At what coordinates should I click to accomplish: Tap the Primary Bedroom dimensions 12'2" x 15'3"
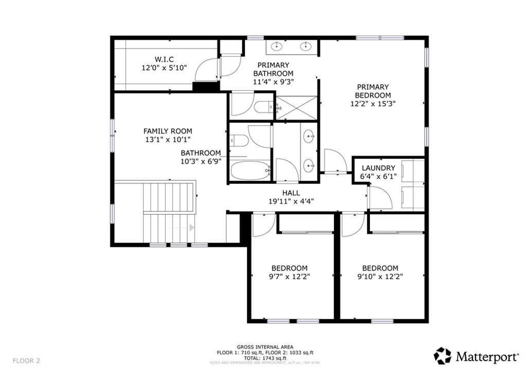coord(373,103)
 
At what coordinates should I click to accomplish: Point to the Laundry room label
coord(378,168)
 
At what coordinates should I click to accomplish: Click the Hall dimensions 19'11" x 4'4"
coord(291,201)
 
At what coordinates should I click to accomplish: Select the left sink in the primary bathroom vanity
coord(277,47)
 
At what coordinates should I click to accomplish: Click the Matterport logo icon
coord(443,355)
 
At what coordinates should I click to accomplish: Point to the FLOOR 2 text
coord(26,360)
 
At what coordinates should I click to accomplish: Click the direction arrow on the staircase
coord(191,227)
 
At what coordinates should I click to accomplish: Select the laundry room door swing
coord(379,198)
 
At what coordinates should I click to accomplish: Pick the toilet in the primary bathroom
coord(263,107)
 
